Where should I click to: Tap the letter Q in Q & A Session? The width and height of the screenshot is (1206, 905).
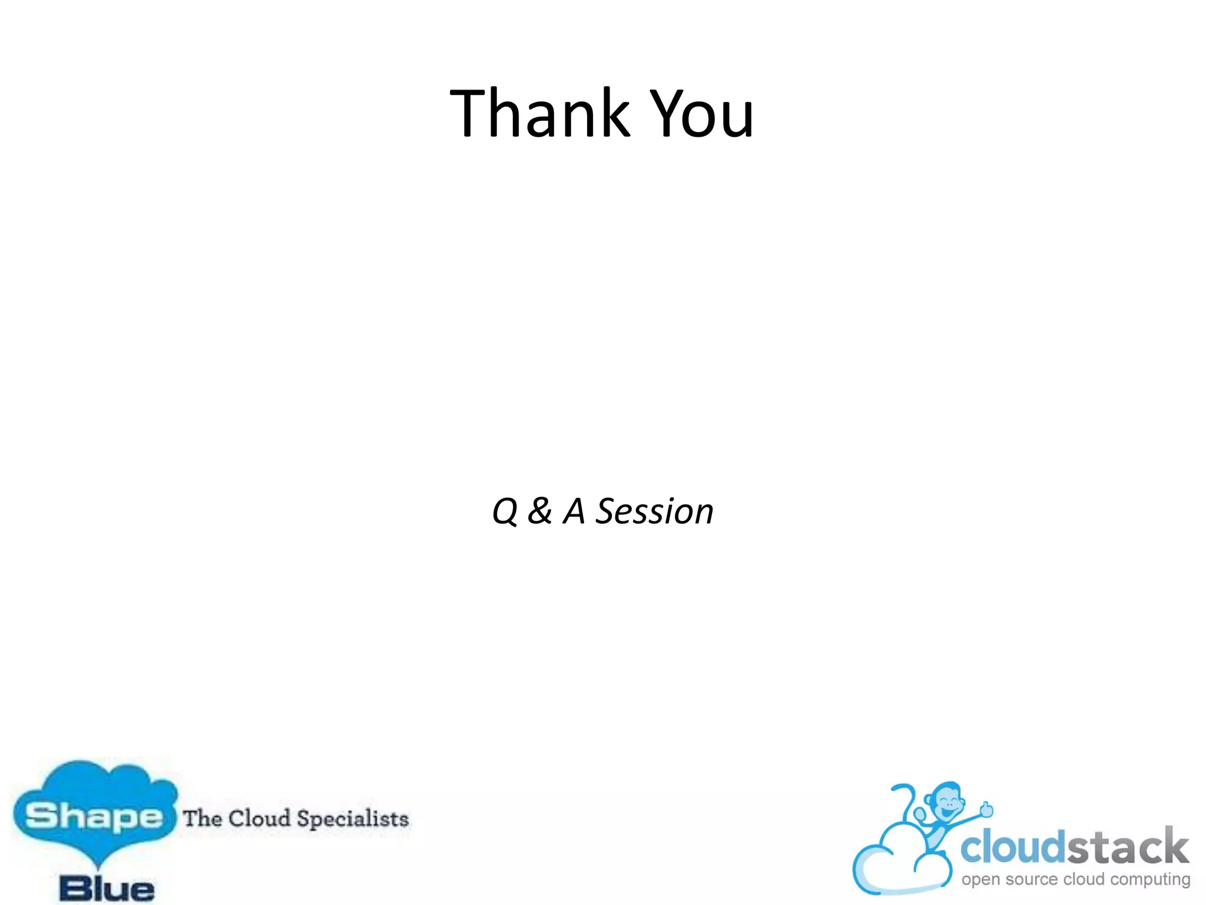tap(505, 511)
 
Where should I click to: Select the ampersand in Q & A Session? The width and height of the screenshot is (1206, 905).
tap(539, 511)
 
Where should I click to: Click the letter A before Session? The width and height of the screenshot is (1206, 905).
tap(574, 511)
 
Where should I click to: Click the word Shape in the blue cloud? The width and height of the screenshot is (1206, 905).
tap(93, 817)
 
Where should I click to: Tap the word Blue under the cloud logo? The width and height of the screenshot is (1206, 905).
tap(107, 889)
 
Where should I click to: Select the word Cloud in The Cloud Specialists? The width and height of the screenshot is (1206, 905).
tap(260, 818)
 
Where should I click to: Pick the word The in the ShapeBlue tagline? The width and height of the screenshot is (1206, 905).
tap(203, 818)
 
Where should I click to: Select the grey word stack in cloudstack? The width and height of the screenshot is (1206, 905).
tap(1127, 847)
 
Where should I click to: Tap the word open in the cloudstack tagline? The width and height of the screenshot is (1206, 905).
tap(980, 880)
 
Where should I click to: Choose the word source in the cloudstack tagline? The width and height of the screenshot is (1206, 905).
tap(1032, 879)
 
